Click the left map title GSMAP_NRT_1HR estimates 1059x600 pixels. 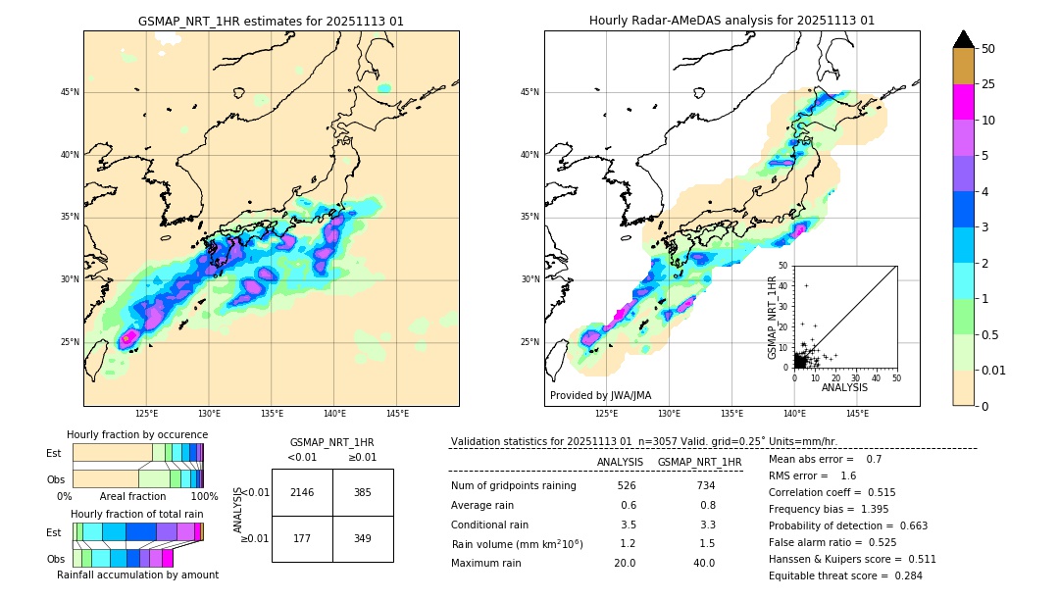click(271, 21)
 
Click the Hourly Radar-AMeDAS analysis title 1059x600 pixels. click(731, 21)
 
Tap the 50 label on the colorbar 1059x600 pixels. click(988, 49)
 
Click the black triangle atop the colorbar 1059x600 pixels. click(964, 39)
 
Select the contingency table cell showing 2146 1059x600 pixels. click(302, 492)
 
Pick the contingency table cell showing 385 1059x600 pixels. click(363, 492)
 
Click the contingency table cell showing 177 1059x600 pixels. click(302, 538)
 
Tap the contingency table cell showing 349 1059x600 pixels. click(363, 538)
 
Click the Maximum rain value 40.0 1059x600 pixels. click(704, 563)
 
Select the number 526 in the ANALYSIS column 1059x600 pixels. click(628, 485)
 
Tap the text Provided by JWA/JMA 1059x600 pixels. click(600, 396)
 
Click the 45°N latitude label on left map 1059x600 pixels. click(70, 92)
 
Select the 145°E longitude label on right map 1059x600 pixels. click(857, 414)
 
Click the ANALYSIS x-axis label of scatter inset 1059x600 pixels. click(844, 387)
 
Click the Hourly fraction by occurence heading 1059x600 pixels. click(137, 434)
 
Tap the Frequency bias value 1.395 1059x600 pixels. click(846, 510)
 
